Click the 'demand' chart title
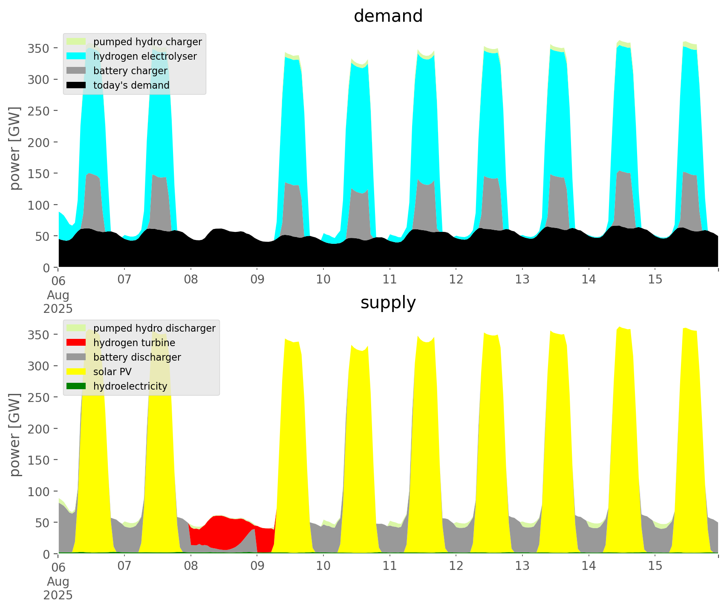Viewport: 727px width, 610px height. click(388, 16)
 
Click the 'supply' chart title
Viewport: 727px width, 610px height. click(388, 303)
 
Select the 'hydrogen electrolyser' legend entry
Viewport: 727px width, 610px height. click(145, 56)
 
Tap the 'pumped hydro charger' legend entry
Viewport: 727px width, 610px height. click(147, 42)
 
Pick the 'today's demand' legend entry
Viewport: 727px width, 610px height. click(131, 85)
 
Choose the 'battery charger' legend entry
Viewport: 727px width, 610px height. click(130, 71)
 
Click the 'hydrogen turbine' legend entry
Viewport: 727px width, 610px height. click(134, 343)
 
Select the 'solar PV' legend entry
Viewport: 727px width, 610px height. click(113, 372)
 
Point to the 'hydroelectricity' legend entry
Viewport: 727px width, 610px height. click(130, 386)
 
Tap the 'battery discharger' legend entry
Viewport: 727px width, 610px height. click(137, 357)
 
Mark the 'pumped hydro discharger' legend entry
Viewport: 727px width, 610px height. click(154, 328)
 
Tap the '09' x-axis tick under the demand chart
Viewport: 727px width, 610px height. click(257, 280)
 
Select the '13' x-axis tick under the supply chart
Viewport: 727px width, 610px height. click(522, 566)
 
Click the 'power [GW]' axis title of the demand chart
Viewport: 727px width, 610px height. click(15, 148)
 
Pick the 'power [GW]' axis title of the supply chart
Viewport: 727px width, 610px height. click(15, 435)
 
